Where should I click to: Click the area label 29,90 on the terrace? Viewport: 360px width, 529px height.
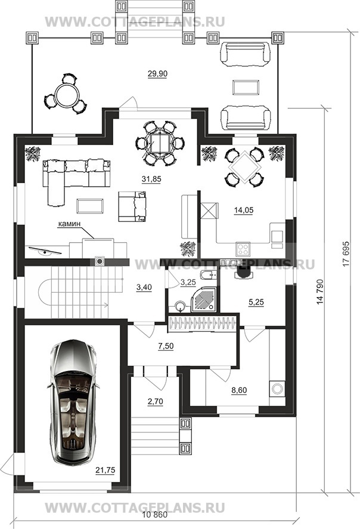point(157,73)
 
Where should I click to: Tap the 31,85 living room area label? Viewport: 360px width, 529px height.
point(151,179)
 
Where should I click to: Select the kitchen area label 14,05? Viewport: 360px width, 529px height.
point(244,210)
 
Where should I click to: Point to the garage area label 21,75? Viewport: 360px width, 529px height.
point(105,470)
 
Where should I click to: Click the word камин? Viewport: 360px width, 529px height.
point(70,224)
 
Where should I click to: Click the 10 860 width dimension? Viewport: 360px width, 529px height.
point(155,515)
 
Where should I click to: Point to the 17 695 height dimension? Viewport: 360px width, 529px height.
point(346,253)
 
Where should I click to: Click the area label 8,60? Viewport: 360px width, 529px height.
point(239,391)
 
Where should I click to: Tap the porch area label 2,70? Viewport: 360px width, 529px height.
point(155,401)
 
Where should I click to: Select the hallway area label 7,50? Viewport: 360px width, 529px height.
point(166,346)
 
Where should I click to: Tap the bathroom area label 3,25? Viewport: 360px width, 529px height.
point(188,282)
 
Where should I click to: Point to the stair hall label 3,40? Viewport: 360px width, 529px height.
point(144,287)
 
